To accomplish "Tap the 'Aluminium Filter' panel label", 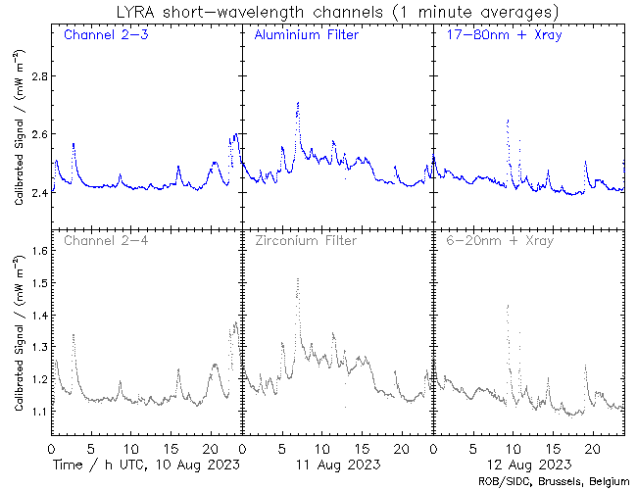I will pyautogui.click(x=306, y=35).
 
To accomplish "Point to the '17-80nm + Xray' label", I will pyautogui.click(x=498, y=35).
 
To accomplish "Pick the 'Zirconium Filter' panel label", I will pyautogui.click(x=306, y=239).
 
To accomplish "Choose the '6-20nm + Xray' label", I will pyautogui.click(x=498, y=239).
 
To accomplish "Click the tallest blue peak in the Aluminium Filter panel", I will pyautogui.click(x=297, y=103).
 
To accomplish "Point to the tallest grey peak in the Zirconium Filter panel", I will pyautogui.click(x=297, y=280).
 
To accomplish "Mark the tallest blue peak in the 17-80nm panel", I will pyautogui.click(x=508, y=121).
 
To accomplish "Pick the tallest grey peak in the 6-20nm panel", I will pyautogui.click(x=508, y=306).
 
